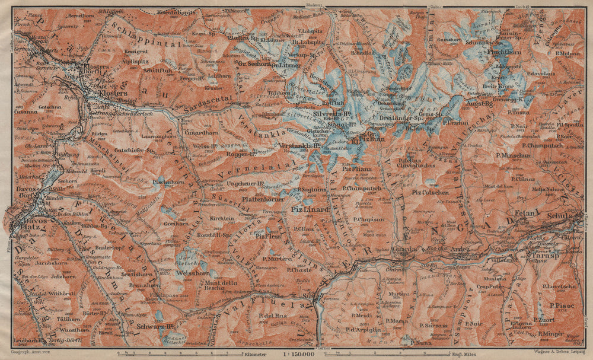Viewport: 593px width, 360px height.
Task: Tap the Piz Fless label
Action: point(269,235)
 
